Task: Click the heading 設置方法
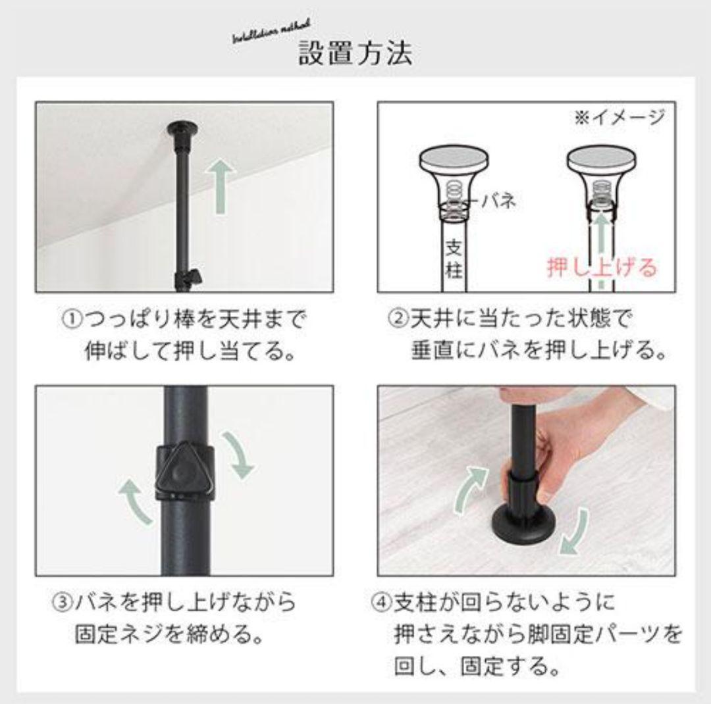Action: [356, 53]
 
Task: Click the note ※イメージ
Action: [619, 118]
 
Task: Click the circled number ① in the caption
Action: [70, 321]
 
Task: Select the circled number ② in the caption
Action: [398, 321]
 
